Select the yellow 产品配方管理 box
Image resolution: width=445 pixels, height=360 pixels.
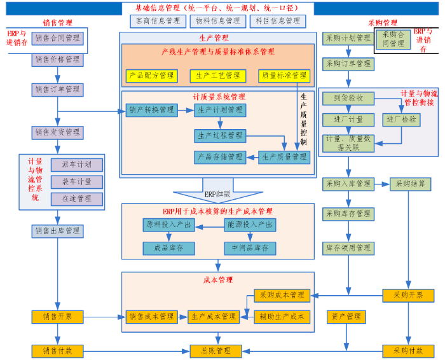coord(151,75)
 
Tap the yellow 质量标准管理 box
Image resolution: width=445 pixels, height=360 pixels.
coord(283,75)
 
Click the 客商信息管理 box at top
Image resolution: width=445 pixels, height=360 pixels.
coord(155,21)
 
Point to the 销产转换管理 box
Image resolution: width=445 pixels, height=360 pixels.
coord(151,110)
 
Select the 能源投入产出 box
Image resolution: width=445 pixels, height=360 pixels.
coord(250,225)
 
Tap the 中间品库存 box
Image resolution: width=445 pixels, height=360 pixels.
coord(250,247)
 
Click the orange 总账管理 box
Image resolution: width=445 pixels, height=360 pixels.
coord(214,350)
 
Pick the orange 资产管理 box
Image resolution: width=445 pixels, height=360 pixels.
coord(346,316)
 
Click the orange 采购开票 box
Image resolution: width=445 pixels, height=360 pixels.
coord(407,295)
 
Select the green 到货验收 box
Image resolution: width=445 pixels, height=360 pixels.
coord(348,98)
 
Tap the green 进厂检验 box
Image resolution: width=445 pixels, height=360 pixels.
coord(400,119)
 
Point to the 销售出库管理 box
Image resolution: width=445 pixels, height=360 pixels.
coord(57,231)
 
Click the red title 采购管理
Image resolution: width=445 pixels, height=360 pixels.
coord(382,24)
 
